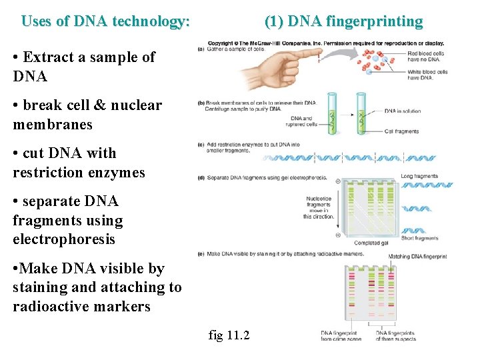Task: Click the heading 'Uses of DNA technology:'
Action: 105,21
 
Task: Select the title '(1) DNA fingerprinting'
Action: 343,21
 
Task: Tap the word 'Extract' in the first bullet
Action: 49,57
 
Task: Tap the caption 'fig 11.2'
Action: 229,335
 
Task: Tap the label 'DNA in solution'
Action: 403,111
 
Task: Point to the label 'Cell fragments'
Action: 403,131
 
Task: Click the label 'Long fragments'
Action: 419,176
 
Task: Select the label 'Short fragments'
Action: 420,238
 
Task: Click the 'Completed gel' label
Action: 371,243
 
